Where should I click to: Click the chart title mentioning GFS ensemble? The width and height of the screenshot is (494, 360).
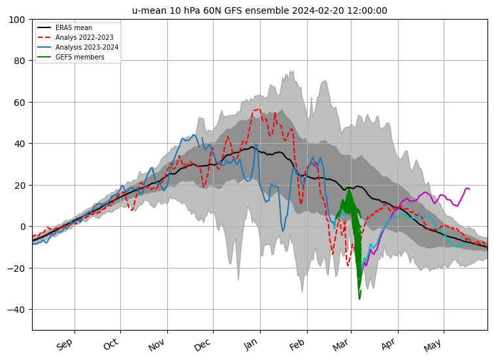pyautogui.click(x=259, y=10)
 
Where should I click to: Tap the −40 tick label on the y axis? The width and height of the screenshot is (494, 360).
pyautogui.click(x=18, y=310)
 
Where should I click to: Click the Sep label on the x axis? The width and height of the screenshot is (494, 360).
pyautogui.click(x=65, y=344)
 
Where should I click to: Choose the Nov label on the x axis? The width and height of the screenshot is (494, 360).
pyautogui.click(x=157, y=344)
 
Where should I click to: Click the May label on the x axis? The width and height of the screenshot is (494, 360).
pyautogui.click(x=433, y=344)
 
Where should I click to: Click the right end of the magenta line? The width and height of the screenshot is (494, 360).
pyautogui.click(x=470, y=189)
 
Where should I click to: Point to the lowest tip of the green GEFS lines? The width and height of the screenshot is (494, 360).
pyautogui.click(x=359, y=299)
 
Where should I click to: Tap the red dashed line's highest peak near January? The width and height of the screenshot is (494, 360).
pyautogui.click(x=257, y=109)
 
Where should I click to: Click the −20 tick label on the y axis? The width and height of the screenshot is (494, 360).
pyautogui.click(x=18, y=268)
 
